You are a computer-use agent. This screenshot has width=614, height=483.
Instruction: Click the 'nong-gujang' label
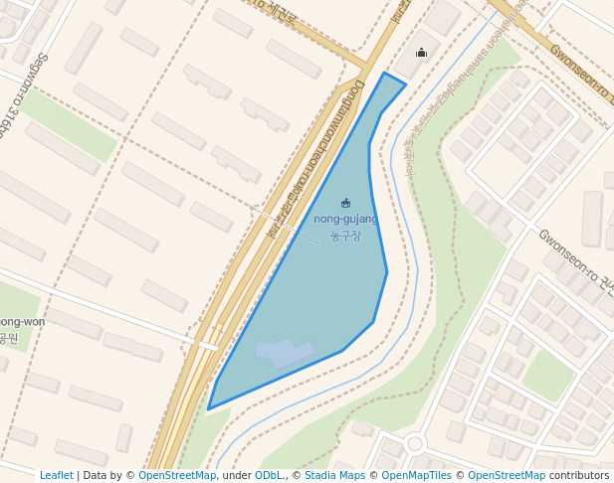tap(345, 219)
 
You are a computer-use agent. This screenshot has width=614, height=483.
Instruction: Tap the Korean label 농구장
tap(345, 236)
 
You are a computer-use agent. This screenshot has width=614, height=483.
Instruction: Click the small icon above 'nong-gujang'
tap(345, 203)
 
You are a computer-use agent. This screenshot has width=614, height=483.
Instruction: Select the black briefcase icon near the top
tap(421, 53)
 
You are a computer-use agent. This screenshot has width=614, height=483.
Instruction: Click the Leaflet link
tap(57, 475)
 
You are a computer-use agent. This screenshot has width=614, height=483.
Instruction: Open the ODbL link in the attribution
tap(269, 475)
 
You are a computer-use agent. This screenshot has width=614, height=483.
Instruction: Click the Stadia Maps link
tap(333, 475)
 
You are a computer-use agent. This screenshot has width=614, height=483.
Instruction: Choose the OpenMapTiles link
tap(416, 475)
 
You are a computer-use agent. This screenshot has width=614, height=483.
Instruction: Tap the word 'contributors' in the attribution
tap(579, 475)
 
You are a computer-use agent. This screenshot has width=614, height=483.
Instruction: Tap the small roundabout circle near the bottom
tap(415, 443)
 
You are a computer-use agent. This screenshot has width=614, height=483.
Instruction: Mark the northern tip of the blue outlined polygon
tap(384, 74)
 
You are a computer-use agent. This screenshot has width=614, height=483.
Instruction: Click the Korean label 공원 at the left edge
tap(8, 339)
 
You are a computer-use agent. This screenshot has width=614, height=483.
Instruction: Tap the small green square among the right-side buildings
tap(548, 375)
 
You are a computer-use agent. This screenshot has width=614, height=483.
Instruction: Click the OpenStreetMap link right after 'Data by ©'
tap(176, 475)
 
